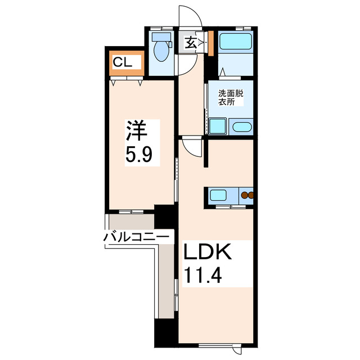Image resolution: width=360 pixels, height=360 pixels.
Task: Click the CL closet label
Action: pyautogui.click(x=123, y=62)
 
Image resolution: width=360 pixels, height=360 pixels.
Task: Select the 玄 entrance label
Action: pyautogui.click(x=190, y=43)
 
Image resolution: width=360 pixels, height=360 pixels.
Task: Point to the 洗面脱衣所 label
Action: pyautogui.click(x=231, y=99)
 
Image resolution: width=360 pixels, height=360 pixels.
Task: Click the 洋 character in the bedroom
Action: pyautogui.click(x=137, y=131)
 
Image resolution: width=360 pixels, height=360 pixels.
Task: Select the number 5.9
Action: pyautogui.click(x=137, y=154)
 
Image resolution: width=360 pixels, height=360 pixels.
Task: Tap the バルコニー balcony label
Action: pyautogui.click(x=137, y=238)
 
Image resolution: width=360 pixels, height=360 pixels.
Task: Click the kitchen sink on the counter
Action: pyautogui.click(x=218, y=196)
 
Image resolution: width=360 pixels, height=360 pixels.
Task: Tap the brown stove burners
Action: pyautogui.click(x=247, y=196)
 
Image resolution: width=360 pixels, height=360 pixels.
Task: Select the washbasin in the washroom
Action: pyautogui.click(x=242, y=127)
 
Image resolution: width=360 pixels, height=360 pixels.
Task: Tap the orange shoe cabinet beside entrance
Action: pyautogui.click(x=210, y=43)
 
